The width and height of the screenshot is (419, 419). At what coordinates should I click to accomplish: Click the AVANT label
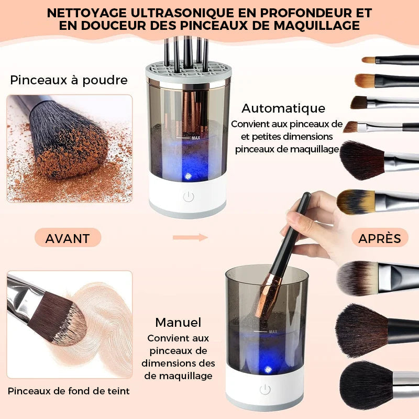click(67, 238)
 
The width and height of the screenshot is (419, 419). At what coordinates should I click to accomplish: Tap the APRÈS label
click(380, 238)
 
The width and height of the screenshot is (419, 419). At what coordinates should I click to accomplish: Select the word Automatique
click(283, 108)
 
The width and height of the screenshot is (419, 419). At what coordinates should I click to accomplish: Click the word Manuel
click(178, 322)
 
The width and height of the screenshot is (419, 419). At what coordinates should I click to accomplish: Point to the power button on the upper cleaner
click(188, 197)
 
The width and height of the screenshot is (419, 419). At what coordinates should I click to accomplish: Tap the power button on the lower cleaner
click(265, 389)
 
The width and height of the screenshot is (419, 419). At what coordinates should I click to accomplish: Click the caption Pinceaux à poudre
click(69, 80)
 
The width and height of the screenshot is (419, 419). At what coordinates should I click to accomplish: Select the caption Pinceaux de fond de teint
click(69, 391)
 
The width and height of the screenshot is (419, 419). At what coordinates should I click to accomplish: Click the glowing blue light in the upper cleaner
click(188, 176)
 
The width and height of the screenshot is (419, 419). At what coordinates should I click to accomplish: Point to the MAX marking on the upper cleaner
click(196, 138)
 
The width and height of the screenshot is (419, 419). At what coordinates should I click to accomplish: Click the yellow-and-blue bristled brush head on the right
click(356, 201)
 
